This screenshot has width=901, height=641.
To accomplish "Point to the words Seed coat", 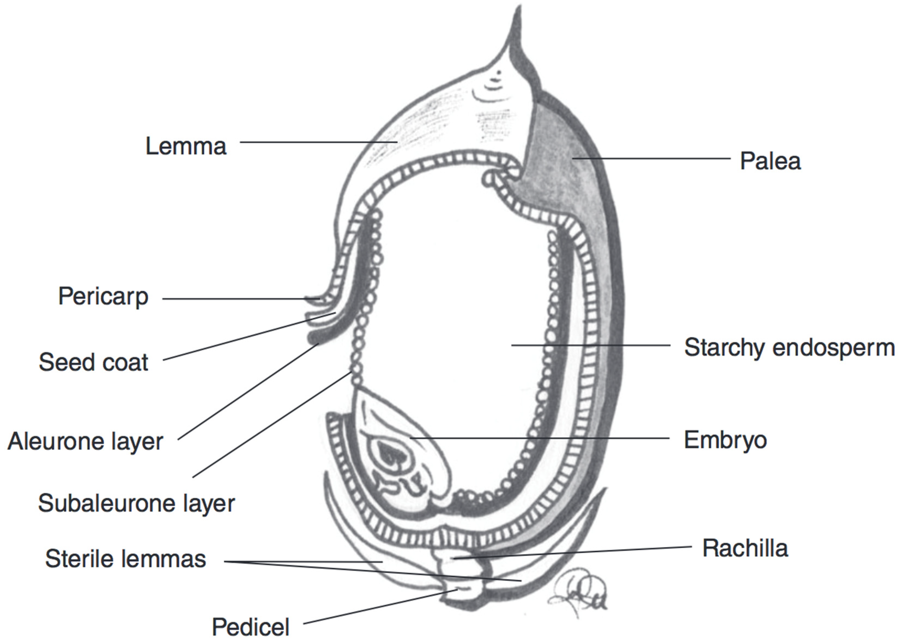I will coord(93,362).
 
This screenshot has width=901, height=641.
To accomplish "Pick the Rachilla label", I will coord(745,549).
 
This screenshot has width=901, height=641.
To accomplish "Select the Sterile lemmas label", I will coord(126,559).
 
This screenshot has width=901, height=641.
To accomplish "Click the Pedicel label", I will coord(251,626).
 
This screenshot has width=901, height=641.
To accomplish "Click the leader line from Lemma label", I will coord(316,142).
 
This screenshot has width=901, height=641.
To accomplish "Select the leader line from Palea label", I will coord(651,159).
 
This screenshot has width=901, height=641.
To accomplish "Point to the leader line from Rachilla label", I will coord(573,552).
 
